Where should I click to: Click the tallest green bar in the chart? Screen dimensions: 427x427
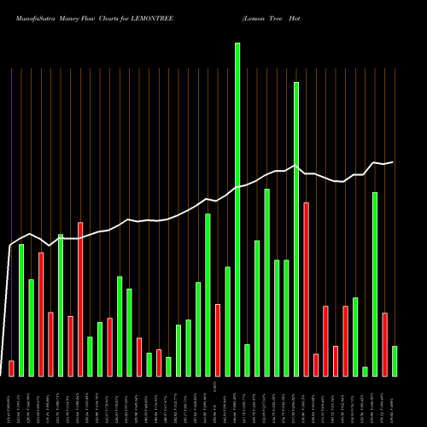[237, 209]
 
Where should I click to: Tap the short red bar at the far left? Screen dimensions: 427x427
[11, 368]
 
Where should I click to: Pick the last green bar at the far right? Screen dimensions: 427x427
[395, 360]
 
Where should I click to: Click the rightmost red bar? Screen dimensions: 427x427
[384, 344]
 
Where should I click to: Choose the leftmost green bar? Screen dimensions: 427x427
[21, 310]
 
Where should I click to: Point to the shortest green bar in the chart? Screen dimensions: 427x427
[365, 371]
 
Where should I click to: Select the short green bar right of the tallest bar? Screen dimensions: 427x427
[247, 360]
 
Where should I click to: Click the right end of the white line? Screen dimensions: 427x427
[394, 161]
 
